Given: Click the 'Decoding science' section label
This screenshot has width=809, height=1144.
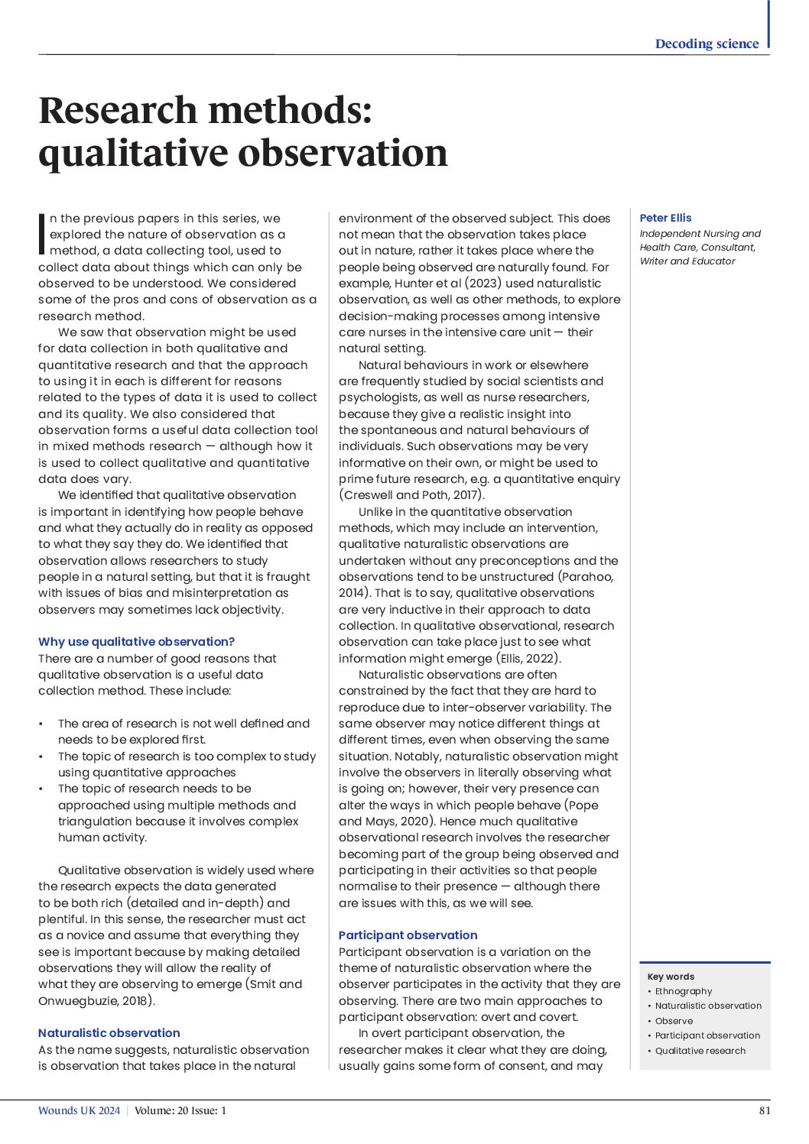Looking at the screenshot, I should pos(707,44).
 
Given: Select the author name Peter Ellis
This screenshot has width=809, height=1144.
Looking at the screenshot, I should pos(665,218).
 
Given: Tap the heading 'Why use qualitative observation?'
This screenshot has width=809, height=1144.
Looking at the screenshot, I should pos(136,642).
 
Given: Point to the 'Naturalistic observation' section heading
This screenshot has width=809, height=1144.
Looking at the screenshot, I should pos(109,1033).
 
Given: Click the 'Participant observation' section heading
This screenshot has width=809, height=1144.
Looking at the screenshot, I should pos(408,935).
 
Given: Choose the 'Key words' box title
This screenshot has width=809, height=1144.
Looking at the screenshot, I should pos(671,977).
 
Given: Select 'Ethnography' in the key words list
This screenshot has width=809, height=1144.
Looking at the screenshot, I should pos(683,991).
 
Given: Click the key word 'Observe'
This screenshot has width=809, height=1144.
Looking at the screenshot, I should pos(674,1021).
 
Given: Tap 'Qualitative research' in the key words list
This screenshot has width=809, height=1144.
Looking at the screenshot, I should pos(700,1051).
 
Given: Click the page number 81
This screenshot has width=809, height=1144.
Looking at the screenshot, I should pos(764,1111).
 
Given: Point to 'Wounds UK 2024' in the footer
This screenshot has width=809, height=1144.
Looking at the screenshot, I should pos(79,1111).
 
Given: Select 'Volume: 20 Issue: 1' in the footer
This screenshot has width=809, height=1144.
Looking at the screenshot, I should pos(180,1111).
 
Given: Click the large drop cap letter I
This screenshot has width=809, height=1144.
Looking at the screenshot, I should pos(42,235).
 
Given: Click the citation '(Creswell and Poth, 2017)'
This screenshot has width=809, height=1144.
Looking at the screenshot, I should pos(411,495).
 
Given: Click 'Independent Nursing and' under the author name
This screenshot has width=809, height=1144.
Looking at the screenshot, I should pos(700,234).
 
